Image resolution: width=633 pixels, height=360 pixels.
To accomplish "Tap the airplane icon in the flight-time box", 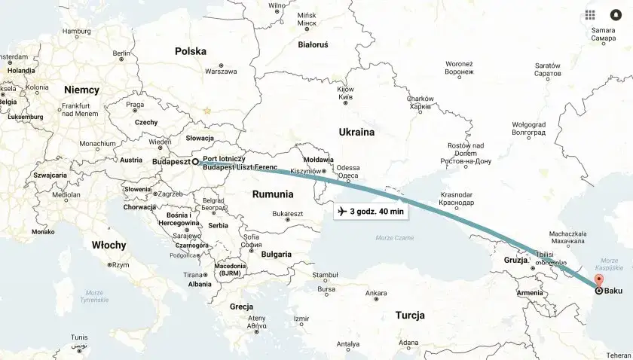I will tap(343, 212).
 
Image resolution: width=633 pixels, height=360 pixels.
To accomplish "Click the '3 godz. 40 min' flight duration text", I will tap(377, 212).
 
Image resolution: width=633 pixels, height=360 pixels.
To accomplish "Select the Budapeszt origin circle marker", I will tap(195, 161).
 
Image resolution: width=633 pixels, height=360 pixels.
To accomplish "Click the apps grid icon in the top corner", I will tap(590, 15).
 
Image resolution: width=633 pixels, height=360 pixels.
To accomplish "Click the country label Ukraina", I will tap(356, 132).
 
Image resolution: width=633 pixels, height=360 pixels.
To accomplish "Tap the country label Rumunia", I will tap(274, 194).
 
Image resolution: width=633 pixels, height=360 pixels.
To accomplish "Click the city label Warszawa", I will tap(221, 72).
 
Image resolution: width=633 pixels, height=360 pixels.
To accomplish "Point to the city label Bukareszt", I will tap(287, 214).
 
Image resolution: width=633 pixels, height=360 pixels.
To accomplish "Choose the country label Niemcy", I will tap(81, 90).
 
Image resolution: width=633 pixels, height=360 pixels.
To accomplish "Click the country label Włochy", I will tap(109, 245).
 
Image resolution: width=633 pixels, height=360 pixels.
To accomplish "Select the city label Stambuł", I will tap(325, 275).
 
